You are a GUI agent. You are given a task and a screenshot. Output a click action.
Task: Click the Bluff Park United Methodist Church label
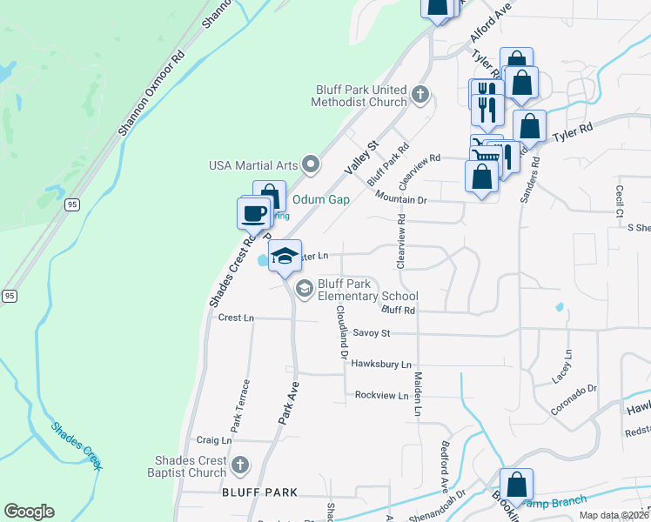(360, 96)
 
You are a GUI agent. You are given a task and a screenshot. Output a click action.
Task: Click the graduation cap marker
(285, 257)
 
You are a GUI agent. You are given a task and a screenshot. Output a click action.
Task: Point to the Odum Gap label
(320, 199)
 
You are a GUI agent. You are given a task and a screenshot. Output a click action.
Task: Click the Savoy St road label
(372, 333)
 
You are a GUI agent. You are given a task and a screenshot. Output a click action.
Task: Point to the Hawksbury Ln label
(381, 365)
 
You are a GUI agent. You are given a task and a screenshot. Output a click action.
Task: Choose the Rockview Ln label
(381, 395)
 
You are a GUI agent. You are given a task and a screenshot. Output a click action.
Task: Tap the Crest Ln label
(236, 318)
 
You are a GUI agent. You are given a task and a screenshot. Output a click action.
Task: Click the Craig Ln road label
(214, 441)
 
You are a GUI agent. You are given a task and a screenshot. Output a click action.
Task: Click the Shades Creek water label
(76, 445)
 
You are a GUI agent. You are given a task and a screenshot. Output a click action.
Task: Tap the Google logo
(29, 512)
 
